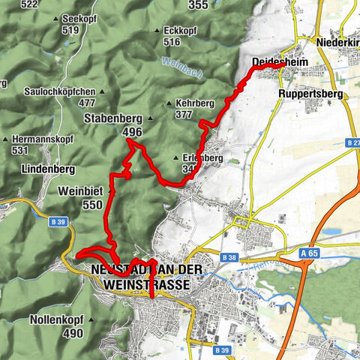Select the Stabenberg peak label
(x=114, y=118)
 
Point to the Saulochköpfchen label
(x=60, y=91)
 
